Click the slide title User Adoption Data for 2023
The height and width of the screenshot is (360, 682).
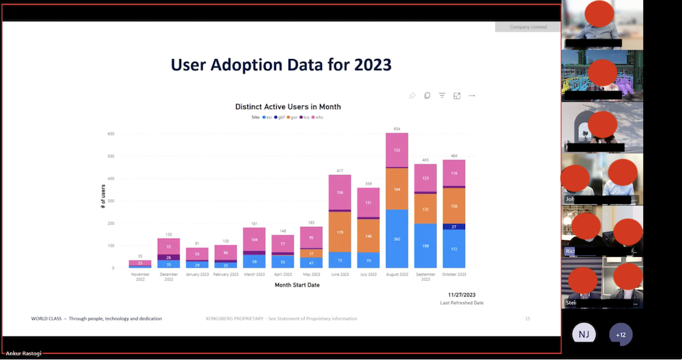[281, 65]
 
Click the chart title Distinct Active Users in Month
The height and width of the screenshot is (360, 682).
[288, 107]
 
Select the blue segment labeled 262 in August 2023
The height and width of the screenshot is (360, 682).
[397, 239]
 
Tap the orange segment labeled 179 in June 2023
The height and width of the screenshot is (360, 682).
[340, 232]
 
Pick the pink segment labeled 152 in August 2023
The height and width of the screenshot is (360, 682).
[397, 150]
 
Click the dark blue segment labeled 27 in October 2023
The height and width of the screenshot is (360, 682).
[454, 226]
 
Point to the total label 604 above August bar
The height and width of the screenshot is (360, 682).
[397, 129]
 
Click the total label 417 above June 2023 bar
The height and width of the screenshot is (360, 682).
[340, 171]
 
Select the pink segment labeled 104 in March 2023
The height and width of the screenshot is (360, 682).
[254, 240]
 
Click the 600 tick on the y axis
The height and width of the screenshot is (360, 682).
[111, 134]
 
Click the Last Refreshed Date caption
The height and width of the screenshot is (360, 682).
[462, 303]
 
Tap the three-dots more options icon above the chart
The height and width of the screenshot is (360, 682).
[471, 96]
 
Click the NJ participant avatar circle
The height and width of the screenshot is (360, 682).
[583, 334]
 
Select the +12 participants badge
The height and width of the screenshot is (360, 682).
[620, 334]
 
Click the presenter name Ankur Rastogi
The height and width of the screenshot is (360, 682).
[23, 354]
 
